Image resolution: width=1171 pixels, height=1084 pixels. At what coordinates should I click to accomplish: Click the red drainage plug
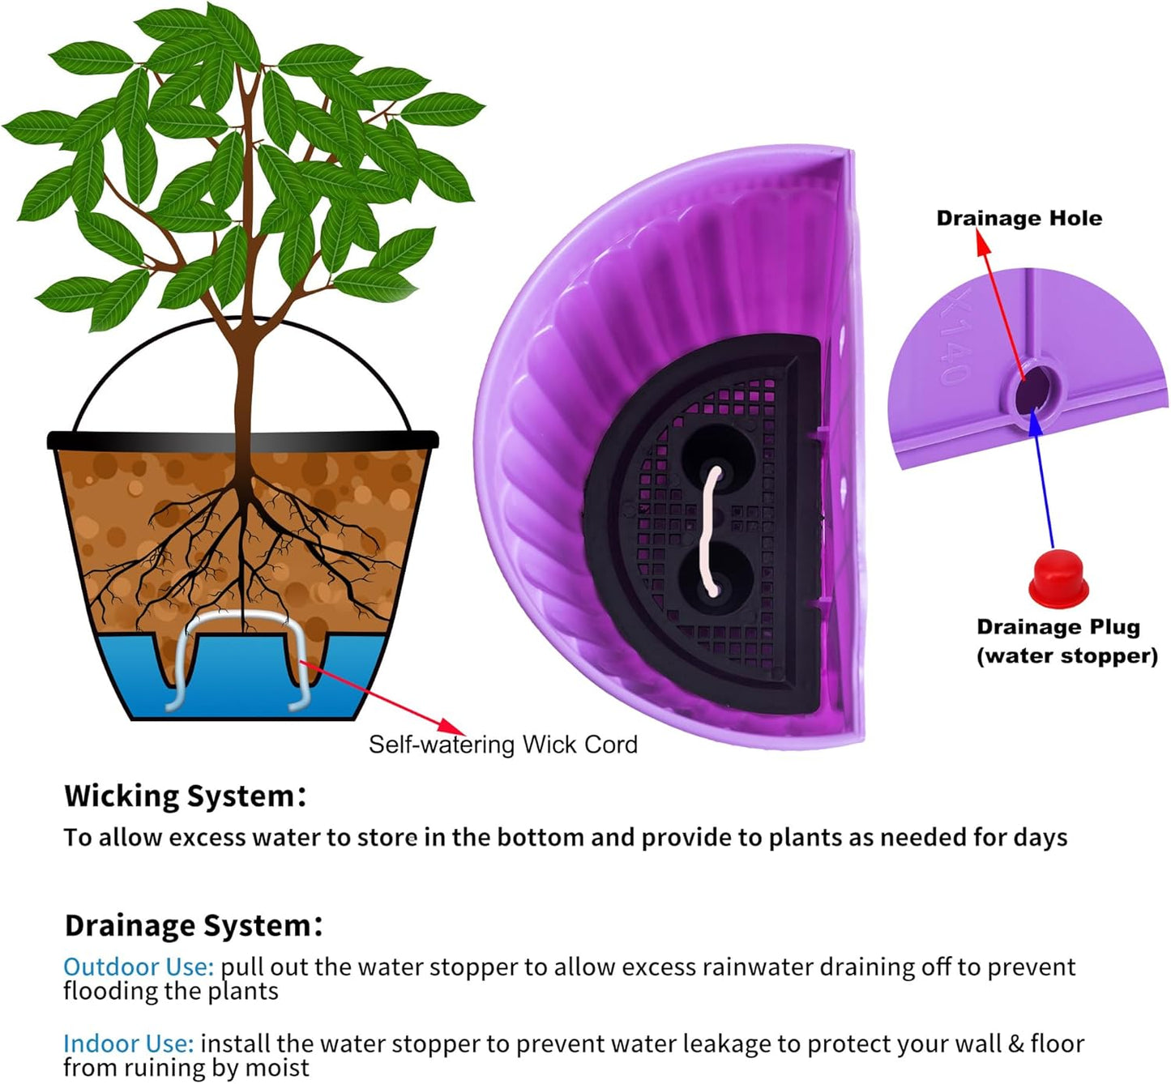coord(1058,577)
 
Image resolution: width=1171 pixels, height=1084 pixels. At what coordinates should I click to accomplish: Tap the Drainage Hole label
coord(1019,218)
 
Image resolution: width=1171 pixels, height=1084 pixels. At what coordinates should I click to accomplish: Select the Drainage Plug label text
coord(1058,627)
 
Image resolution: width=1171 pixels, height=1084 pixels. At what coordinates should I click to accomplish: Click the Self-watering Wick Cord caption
coord(502,745)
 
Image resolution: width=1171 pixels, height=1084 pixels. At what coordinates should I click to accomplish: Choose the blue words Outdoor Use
coord(138,967)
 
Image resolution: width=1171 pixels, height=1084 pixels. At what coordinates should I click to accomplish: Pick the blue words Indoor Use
coord(128,1043)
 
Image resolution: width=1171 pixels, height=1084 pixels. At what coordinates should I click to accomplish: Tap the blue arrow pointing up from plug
coord(1043,478)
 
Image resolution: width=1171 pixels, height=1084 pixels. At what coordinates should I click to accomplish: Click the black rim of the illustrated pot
coord(243,440)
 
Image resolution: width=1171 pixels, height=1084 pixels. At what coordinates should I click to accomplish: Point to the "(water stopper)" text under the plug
coord(1066,655)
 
